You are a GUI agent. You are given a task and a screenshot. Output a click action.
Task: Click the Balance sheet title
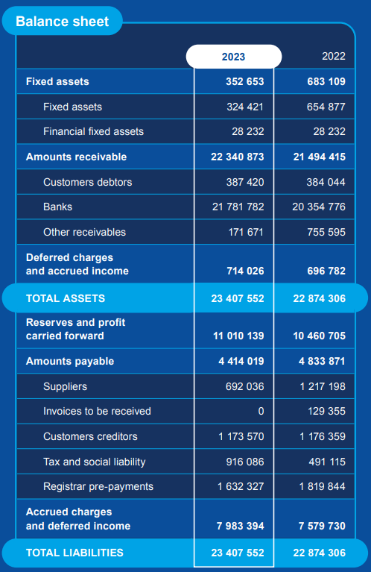pyautogui.click(x=62, y=21)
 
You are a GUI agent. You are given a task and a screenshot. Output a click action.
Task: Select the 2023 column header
pyautogui.click(x=234, y=57)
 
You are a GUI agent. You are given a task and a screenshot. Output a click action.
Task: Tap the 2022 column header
pyautogui.click(x=334, y=56)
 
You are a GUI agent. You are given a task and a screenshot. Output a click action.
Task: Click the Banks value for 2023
pyautogui.click(x=238, y=207)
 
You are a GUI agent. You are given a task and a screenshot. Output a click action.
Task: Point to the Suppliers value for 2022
pyautogui.click(x=323, y=386)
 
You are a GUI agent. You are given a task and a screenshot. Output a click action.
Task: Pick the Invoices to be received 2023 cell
pyautogui.click(x=261, y=411)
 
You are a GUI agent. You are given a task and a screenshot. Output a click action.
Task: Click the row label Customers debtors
pyautogui.click(x=87, y=182)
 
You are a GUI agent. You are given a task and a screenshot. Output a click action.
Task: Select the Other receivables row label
pyautogui.click(x=84, y=232)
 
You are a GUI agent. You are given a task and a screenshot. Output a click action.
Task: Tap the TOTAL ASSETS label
pyautogui.click(x=66, y=298)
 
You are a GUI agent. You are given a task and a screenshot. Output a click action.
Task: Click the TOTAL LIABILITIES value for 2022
pyautogui.click(x=320, y=553)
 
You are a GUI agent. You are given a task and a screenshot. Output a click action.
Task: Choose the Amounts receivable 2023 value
pyautogui.click(x=237, y=157)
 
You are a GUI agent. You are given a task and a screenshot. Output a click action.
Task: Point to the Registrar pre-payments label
pyautogui.click(x=98, y=486)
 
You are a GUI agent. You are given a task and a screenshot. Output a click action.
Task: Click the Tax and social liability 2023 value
pyautogui.click(x=245, y=462)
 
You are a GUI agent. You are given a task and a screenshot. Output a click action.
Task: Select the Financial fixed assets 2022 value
pyautogui.click(x=329, y=131)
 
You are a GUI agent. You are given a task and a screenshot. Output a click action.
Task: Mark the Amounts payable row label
pyautogui.click(x=70, y=361)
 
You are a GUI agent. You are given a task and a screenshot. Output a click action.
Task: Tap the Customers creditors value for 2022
pyautogui.click(x=323, y=436)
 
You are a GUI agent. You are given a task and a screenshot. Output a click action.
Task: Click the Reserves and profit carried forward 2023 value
pyautogui.click(x=238, y=336)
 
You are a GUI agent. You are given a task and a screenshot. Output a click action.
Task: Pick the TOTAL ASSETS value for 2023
pyautogui.click(x=238, y=298)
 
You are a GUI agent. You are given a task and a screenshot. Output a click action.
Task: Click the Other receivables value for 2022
pyautogui.click(x=326, y=232)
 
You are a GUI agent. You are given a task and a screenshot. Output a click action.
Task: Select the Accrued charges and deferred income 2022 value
pyautogui.click(x=322, y=526)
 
